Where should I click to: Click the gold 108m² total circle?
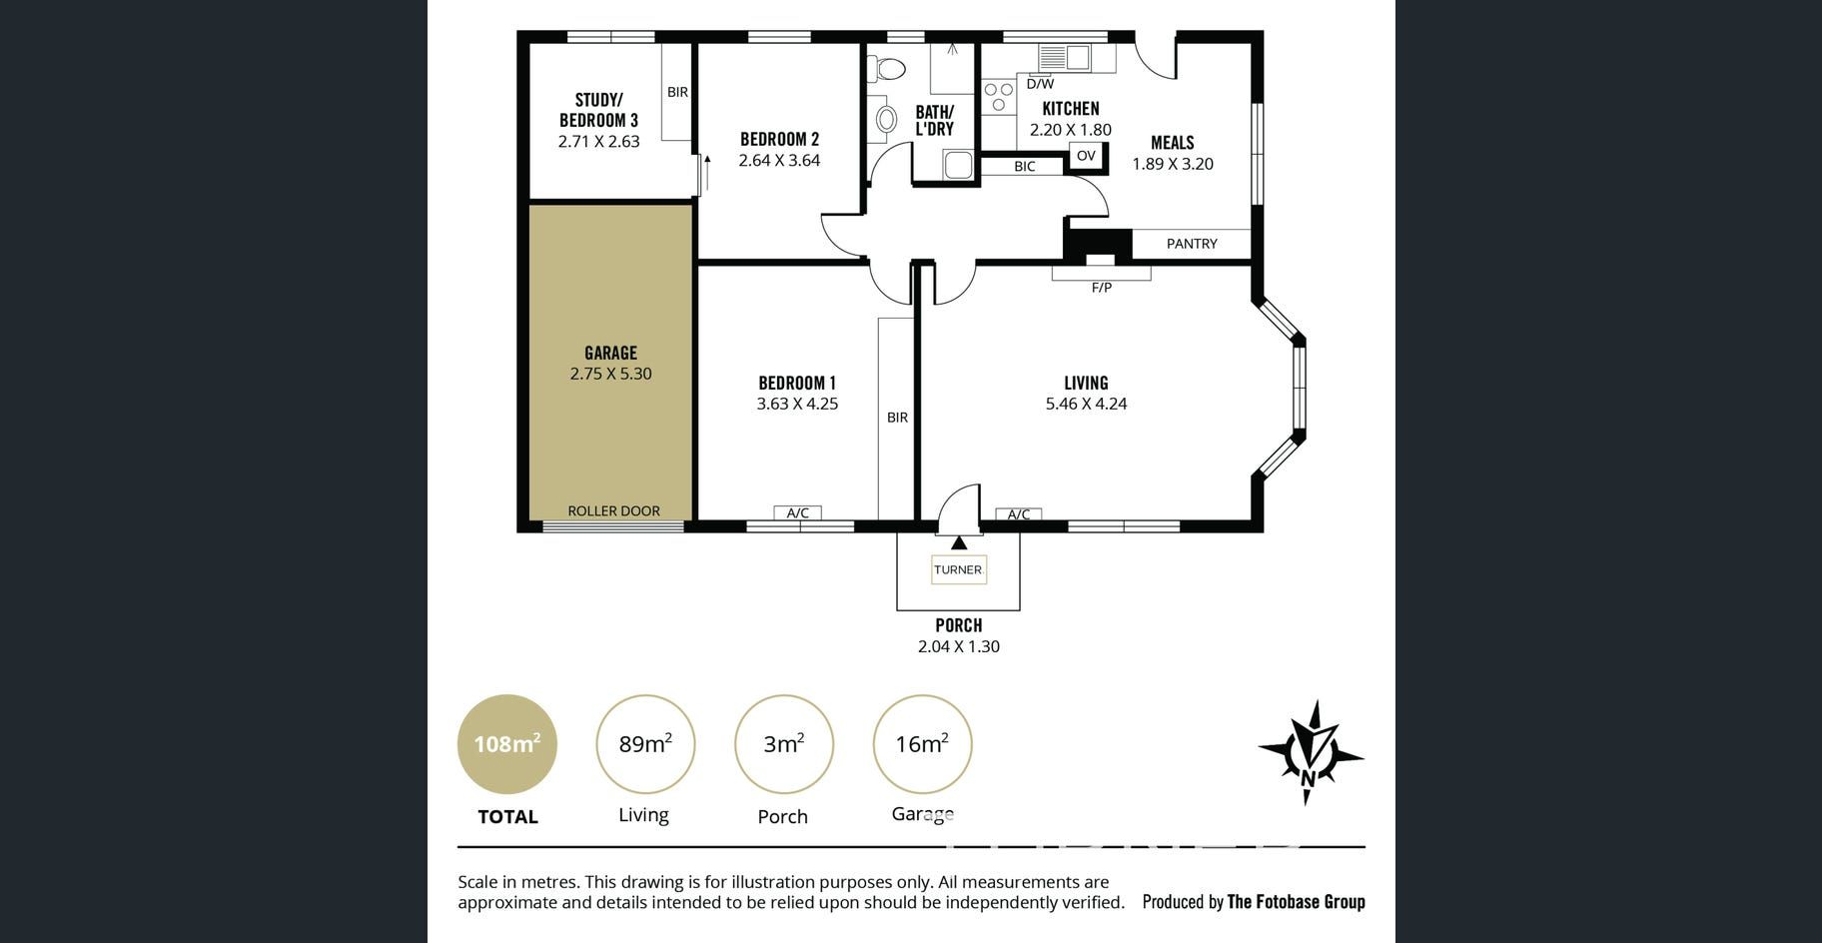[x=507, y=744]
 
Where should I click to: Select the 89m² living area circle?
[x=645, y=744]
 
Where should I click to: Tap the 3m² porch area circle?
[x=784, y=744]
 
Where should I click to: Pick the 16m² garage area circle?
[x=922, y=744]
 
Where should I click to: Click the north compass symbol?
[x=1311, y=752]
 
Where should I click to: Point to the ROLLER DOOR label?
[x=613, y=510]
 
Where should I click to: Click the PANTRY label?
[x=1192, y=243]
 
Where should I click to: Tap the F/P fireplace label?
[x=1101, y=288]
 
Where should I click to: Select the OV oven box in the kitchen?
[x=1086, y=156]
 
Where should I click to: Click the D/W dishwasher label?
[x=1040, y=84]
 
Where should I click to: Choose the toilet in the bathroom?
[x=886, y=68]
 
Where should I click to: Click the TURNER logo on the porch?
[x=958, y=569]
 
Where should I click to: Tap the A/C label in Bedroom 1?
[x=797, y=513]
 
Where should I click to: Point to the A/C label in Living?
[x=1019, y=514]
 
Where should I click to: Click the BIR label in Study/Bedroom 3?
[x=677, y=92]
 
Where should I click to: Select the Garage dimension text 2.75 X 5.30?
[x=610, y=374]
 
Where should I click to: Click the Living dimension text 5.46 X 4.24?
[x=1086, y=404]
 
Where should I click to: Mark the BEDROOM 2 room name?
[x=779, y=139]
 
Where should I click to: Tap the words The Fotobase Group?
[x=1296, y=902]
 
